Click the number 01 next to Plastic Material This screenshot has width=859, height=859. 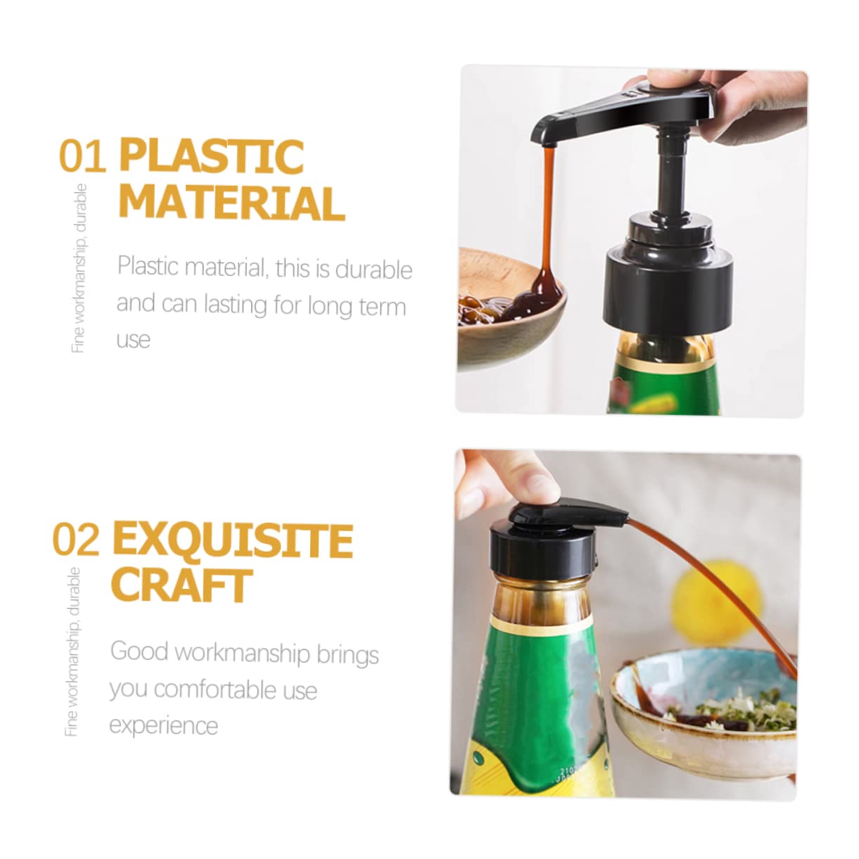(x=82, y=156)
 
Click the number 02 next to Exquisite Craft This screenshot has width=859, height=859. (x=76, y=540)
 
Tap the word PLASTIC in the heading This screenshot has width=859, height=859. (x=212, y=155)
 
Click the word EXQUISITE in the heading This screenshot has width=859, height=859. (x=232, y=540)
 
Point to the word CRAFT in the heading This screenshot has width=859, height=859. (x=182, y=585)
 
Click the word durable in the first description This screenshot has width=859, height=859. (x=374, y=269)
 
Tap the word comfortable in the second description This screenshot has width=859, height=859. (x=215, y=689)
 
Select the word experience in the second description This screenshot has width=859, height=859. (x=163, y=725)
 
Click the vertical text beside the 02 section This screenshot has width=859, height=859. (x=72, y=651)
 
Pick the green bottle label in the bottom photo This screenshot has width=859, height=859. (x=542, y=689)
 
